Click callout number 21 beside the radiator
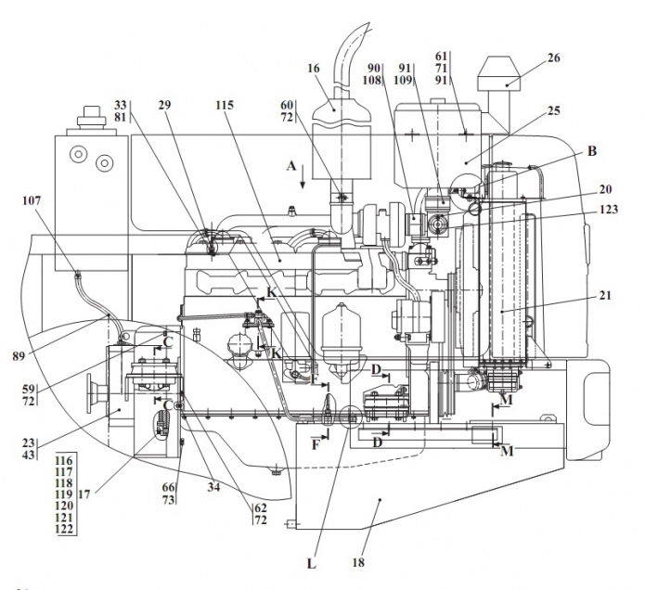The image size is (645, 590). coord(606,296)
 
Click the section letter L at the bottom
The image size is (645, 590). coord(313,562)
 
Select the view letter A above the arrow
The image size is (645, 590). coord(290,165)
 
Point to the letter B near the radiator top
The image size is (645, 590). coord(591,148)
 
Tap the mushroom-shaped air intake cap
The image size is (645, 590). coord(501,73)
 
